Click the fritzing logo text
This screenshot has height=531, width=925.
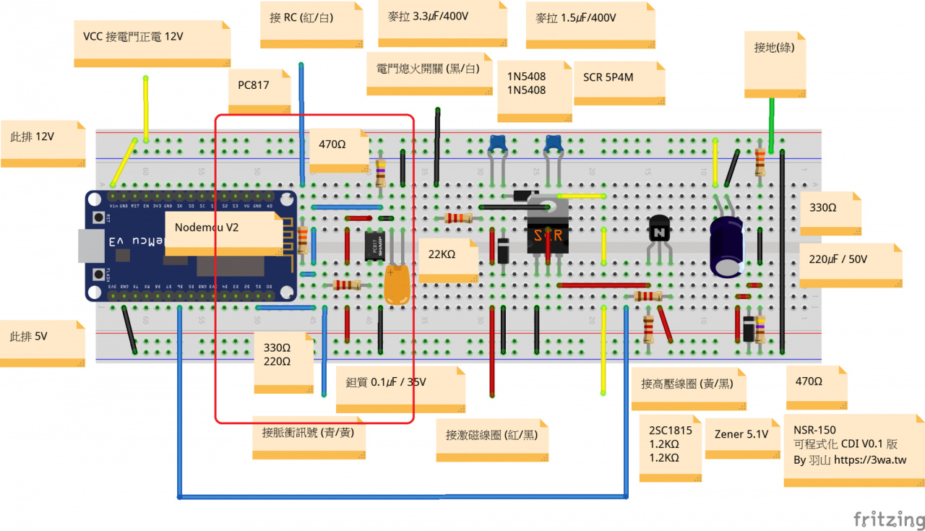coord(887,519)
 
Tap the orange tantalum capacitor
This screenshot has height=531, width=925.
coord(397,284)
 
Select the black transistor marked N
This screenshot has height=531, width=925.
coord(659,232)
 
